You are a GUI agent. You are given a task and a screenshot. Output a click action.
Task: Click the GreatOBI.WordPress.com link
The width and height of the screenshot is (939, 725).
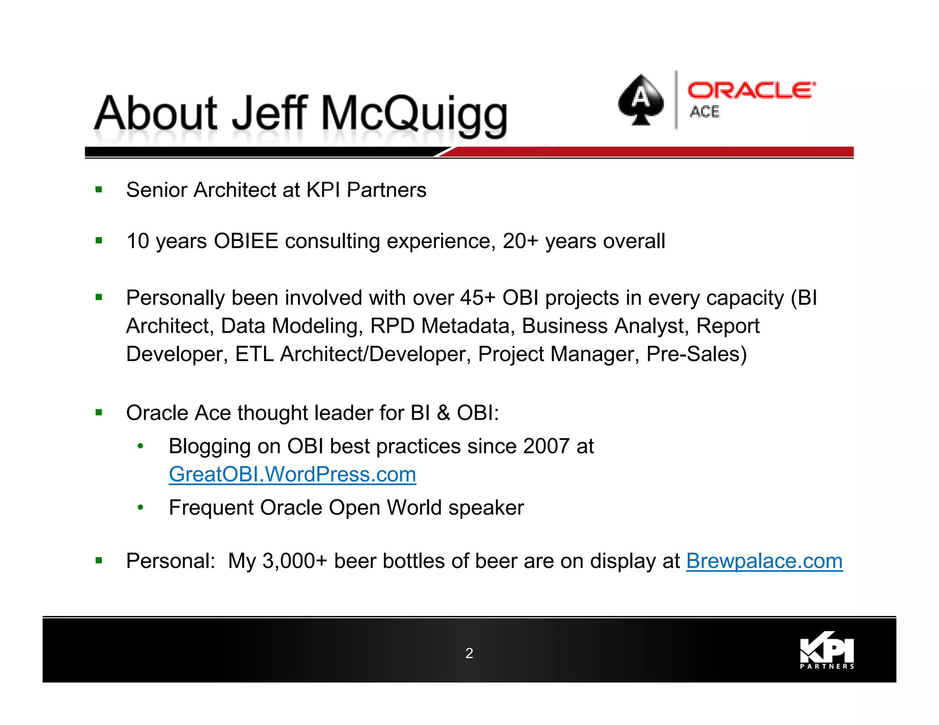pos(292,474)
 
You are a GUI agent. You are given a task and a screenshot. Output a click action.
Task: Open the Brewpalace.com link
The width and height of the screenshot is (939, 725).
pos(764,561)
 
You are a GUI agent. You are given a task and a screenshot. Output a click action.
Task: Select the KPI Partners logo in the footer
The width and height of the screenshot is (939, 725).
pos(827,651)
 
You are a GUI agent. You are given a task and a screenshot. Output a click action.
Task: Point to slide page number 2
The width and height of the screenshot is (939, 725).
pos(469,653)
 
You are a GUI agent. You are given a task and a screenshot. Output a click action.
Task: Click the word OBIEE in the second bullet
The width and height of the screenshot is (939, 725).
pos(246,241)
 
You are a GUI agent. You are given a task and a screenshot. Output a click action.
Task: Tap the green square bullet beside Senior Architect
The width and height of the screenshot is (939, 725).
pos(99,190)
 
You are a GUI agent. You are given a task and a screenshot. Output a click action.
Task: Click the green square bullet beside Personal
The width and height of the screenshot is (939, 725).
pos(99,560)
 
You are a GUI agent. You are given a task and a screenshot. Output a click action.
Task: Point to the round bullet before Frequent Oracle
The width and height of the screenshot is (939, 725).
pos(141,507)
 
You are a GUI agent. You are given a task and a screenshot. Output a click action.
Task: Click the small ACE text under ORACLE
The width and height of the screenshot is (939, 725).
pos(705,111)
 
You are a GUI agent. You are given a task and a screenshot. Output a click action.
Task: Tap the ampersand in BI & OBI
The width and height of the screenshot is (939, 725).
pos(443,413)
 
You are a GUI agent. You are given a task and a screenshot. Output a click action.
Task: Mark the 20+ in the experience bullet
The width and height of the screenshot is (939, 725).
pos(520,241)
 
